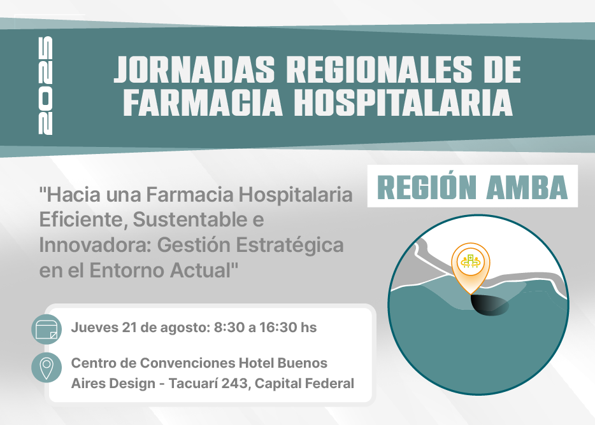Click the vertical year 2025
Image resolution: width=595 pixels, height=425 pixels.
pyautogui.click(x=45, y=85)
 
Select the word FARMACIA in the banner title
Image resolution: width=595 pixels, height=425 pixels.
pyautogui.click(x=203, y=102)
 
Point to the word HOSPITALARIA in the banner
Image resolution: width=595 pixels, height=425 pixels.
pyautogui.click(x=403, y=102)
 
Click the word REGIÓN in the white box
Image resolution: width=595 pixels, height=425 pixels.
pyautogui.click(x=427, y=187)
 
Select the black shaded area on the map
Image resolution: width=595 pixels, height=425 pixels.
pyautogui.click(x=489, y=305)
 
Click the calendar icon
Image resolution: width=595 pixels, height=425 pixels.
pyautogui.click(x=47, y=329)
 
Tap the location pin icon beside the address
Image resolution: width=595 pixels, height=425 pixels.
pyautogui.click(x=47, y=367)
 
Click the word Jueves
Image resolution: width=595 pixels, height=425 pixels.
pyautogui.click(x=94, y=328)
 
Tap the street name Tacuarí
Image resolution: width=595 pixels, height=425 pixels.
pyautogui.click(x=193, y=383)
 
